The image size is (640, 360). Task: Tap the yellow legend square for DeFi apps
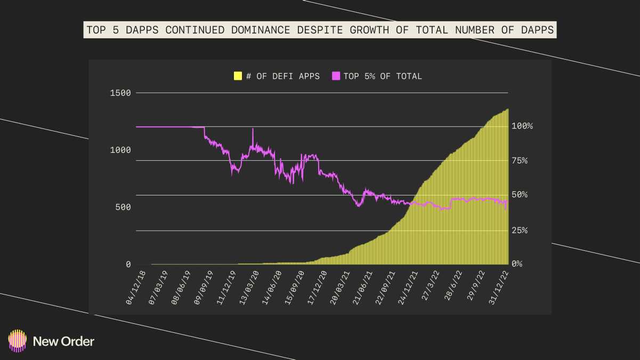pos(238,76)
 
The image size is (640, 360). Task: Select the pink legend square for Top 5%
pos(336,76)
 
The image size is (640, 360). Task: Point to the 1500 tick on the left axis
pos(120,93)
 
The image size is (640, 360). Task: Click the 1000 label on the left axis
pos(120,150)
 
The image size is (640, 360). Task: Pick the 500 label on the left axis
pos(123,207)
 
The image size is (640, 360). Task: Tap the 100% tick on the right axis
pos(522,126)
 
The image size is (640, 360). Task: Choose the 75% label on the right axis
pos(520,160)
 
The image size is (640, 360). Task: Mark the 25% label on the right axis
pos(520,230)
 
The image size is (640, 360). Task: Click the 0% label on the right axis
pos(517,264)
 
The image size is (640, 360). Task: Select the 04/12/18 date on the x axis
pos(136,288)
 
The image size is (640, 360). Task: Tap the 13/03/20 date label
pos(249,288)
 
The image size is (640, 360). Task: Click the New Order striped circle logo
pos(18,341)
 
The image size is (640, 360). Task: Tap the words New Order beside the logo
pos(63,341)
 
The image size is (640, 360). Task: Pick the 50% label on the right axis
pos(520,194)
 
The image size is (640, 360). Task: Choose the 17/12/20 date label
pos(317,288)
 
